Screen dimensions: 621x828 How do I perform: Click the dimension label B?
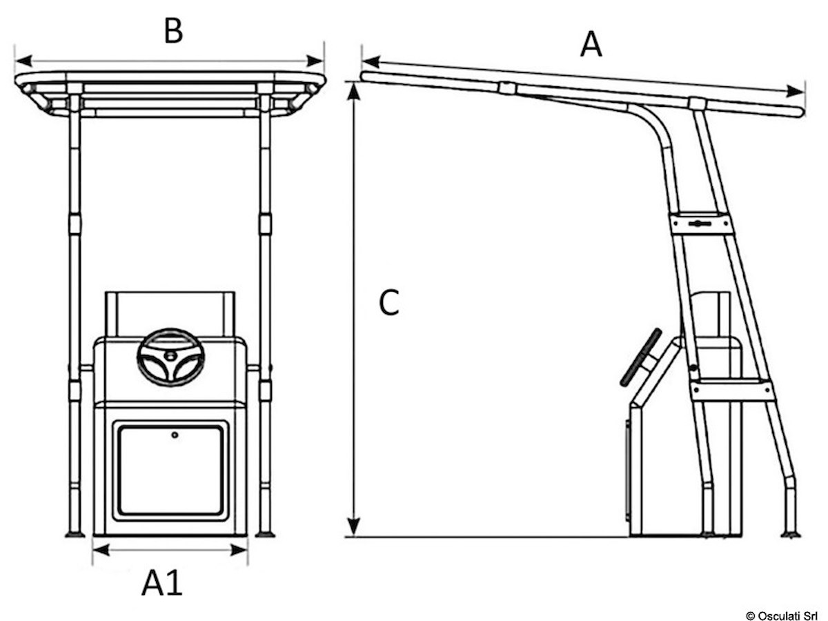pos(172,31)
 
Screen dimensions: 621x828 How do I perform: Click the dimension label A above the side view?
pos(591,45)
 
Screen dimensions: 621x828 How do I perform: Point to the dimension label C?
pos(390,303)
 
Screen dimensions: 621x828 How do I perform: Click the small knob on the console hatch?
pos(175,435)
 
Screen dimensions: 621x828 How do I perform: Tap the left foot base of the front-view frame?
pos(74,533)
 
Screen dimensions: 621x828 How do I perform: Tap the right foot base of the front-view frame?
pos(265,533)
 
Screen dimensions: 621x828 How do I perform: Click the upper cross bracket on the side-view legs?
pos(700,224)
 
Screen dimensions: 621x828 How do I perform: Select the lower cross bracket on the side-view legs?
pos(732,391)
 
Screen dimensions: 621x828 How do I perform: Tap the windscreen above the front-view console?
pos(170,312)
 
